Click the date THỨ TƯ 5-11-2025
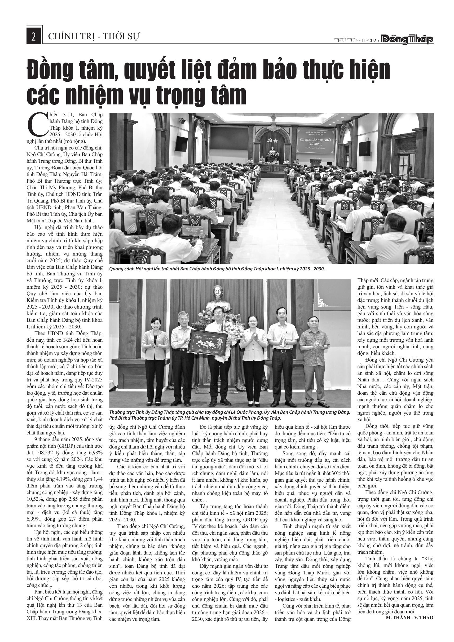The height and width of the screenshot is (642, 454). [x=356, y=40]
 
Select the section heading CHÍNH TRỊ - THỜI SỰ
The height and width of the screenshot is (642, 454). [x=94, y=36]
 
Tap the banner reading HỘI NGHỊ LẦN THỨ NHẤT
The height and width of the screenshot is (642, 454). [x=315, y=142]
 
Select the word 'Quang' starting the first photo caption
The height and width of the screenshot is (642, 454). [x=116, y=269]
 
